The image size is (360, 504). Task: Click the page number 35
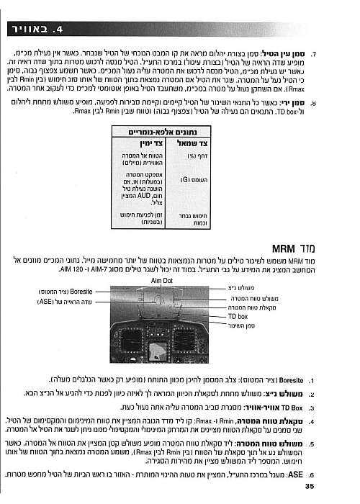[310, 487]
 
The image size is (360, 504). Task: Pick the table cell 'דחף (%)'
[187, 156]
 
